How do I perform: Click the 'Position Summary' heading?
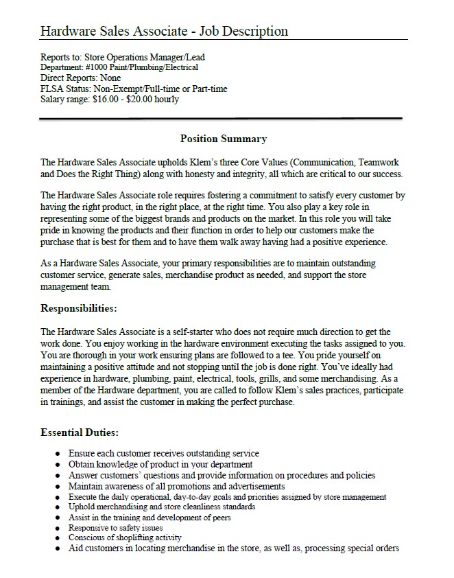pyautogui.click(x=223, y=139)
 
